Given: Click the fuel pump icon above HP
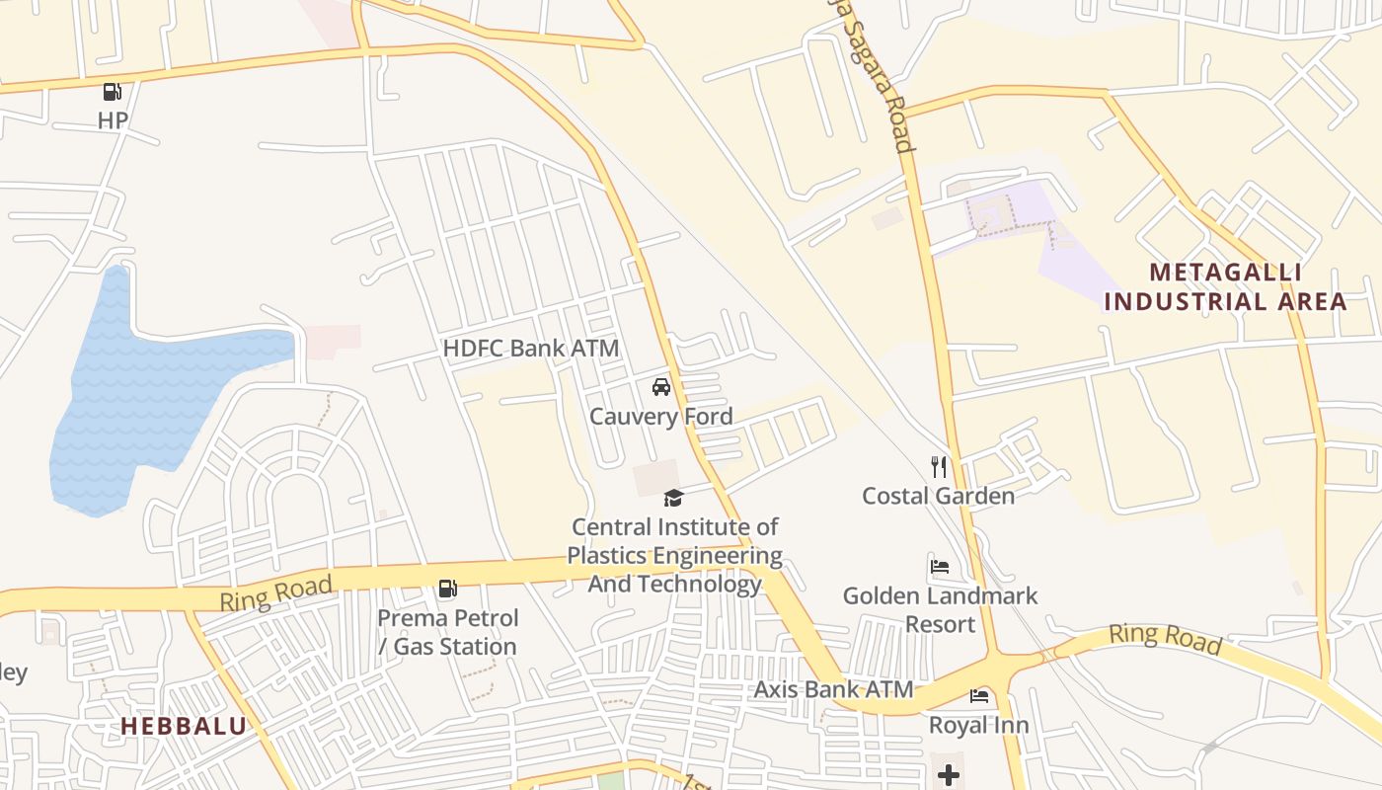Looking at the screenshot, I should (113, 92).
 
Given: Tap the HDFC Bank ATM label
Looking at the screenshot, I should (530, 349).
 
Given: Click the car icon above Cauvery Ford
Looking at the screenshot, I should (661, 387).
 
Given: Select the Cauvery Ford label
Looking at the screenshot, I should (660, 417).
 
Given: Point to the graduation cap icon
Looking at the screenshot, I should (673, 498).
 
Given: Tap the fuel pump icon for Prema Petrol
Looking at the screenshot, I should (447, 590).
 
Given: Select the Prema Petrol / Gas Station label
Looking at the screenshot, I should (447, 632).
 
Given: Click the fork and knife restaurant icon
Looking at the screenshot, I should (939, 466).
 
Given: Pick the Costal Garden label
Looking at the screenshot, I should (938, 496).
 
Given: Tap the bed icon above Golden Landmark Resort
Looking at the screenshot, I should (940, 567).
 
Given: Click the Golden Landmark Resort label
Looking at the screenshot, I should (940, 609).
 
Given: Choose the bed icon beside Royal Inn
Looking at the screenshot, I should (979, 696).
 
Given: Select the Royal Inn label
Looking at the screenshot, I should (978, 726).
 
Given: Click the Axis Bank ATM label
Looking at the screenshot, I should (833, 689).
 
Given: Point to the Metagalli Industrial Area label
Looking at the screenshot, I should (1225, 286).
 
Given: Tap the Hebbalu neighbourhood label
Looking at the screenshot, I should (184, 727).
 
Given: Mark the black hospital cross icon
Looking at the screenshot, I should (948, 775).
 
